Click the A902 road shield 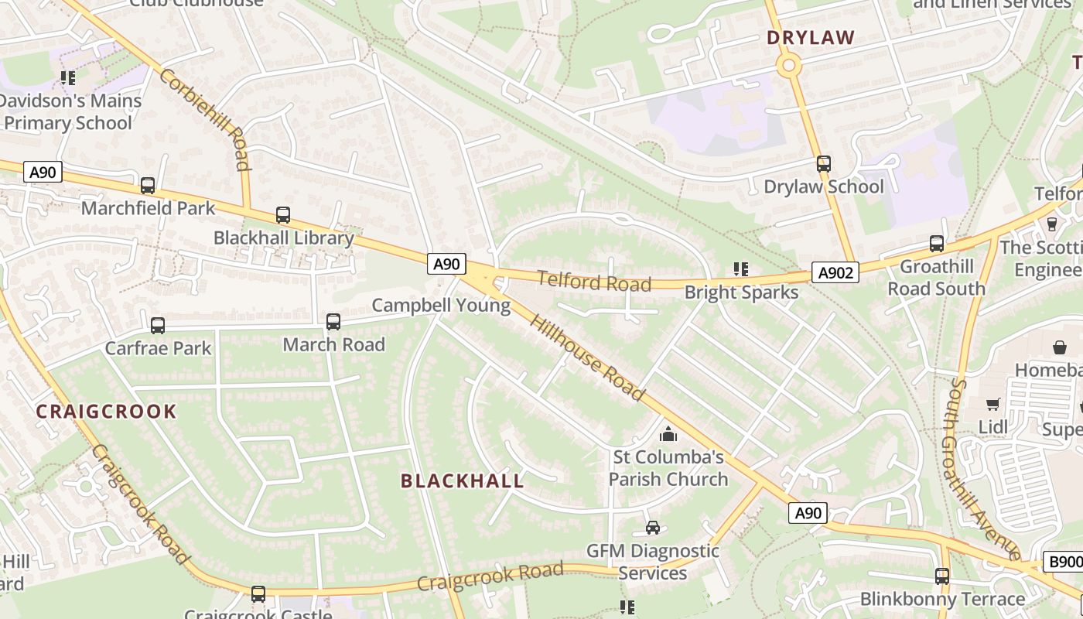[x=835, y=272]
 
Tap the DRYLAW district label [x=811, y=37]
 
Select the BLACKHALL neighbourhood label [x=462, y=480]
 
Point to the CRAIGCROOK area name [x=106, y=411]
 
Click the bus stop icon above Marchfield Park [x=147, y=186]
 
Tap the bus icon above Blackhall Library [x=283, y=215]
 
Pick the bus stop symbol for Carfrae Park [x=158, y=326]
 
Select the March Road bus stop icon [x=333, y=322]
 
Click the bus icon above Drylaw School [x=824, y=164]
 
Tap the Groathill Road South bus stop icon [x=937, y=244]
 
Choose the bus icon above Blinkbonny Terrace [x=942, y=576]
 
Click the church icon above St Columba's [x=668, y=434]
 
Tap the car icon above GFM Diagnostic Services [x=653, y=528]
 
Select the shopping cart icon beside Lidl [x=992, y=404]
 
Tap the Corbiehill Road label [x=206, y=118]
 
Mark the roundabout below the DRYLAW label [x=789, y=66]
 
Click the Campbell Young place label [x=441, y=306]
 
